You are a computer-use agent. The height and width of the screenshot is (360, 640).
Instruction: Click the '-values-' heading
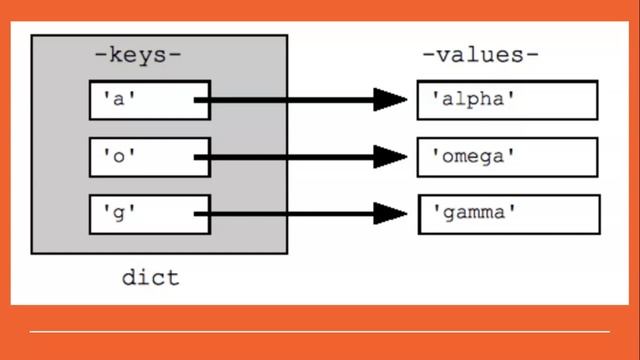point(480,54)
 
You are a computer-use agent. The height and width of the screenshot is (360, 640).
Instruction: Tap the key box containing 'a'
point(150,100)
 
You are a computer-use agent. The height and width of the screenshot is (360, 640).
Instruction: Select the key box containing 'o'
point(150,157)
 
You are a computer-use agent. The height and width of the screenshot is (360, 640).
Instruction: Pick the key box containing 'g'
point(150,213)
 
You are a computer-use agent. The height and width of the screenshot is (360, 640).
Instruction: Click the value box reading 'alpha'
point(507,100)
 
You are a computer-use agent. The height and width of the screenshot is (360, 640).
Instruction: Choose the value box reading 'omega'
point(507,157)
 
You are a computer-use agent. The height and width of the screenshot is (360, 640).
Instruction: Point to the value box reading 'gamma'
point(507,213)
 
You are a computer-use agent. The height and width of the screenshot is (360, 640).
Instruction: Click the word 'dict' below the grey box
point(150,277)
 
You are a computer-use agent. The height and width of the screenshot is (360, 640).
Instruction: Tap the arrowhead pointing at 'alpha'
point(390,100)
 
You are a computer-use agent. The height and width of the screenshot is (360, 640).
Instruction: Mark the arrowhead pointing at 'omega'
point(390,157)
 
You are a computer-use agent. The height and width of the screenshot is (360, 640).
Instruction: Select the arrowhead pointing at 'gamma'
point(390,213)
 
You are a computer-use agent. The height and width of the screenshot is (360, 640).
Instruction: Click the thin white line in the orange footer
point(320,331)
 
